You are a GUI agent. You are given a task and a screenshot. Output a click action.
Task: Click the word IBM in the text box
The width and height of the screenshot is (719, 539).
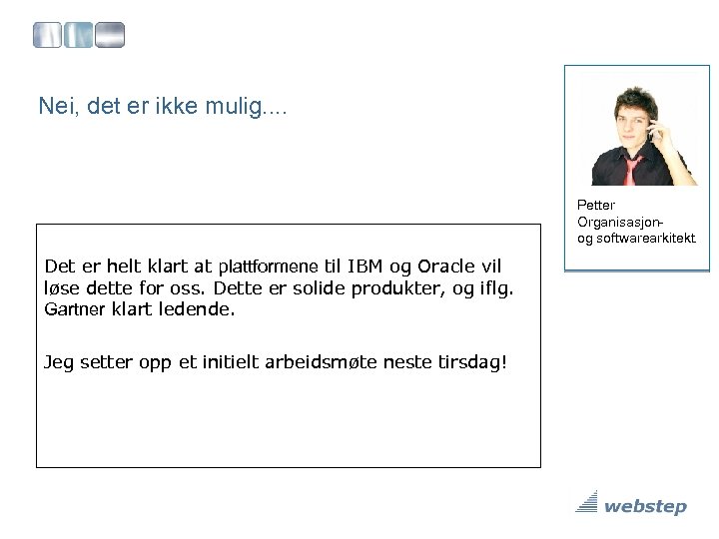(x=365, y=267)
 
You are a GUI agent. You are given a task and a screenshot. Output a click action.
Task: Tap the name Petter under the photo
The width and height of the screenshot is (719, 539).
(x=595, y=206)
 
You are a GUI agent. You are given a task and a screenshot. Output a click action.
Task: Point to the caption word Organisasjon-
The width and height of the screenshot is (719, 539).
(x=621, y=222)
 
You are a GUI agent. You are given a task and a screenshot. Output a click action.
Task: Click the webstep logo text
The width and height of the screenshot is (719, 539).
(x=645, y=507)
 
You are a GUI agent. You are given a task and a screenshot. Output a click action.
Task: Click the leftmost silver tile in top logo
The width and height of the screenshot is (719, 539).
(x=47, y=37)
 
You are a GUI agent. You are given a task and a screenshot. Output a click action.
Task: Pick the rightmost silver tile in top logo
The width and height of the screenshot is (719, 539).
(x=110, y=37)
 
